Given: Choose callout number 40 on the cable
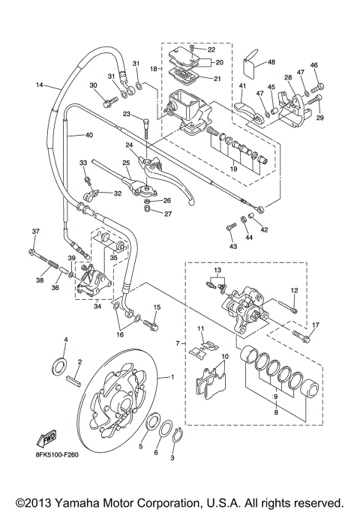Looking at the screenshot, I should tap(89, 136).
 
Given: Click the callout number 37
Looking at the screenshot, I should tap(34, 231).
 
